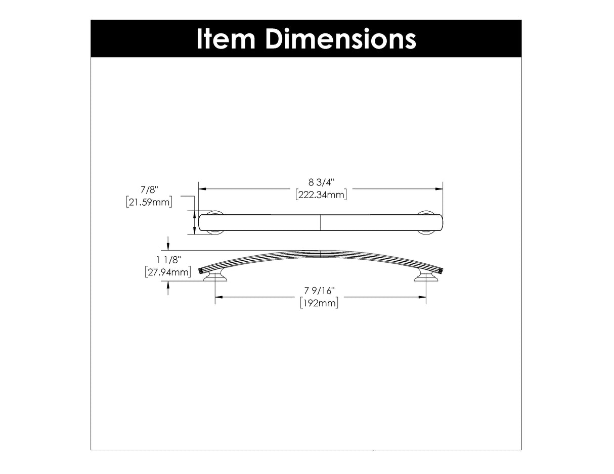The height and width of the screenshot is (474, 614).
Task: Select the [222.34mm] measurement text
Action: [x=321, y=195]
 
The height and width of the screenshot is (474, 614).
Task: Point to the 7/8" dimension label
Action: [x=149, y=191]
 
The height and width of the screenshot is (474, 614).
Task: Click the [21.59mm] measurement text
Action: [x=149, y=202]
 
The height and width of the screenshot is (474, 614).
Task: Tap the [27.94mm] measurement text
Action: [x=167, y=273]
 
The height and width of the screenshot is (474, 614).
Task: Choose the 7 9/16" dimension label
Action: [x=320, y=291]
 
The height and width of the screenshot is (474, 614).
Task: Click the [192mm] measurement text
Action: [x=319, y=303]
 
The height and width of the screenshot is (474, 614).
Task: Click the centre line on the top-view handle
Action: [x=321, y=222]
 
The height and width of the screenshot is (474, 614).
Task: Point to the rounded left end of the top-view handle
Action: [x=201, y=222]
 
